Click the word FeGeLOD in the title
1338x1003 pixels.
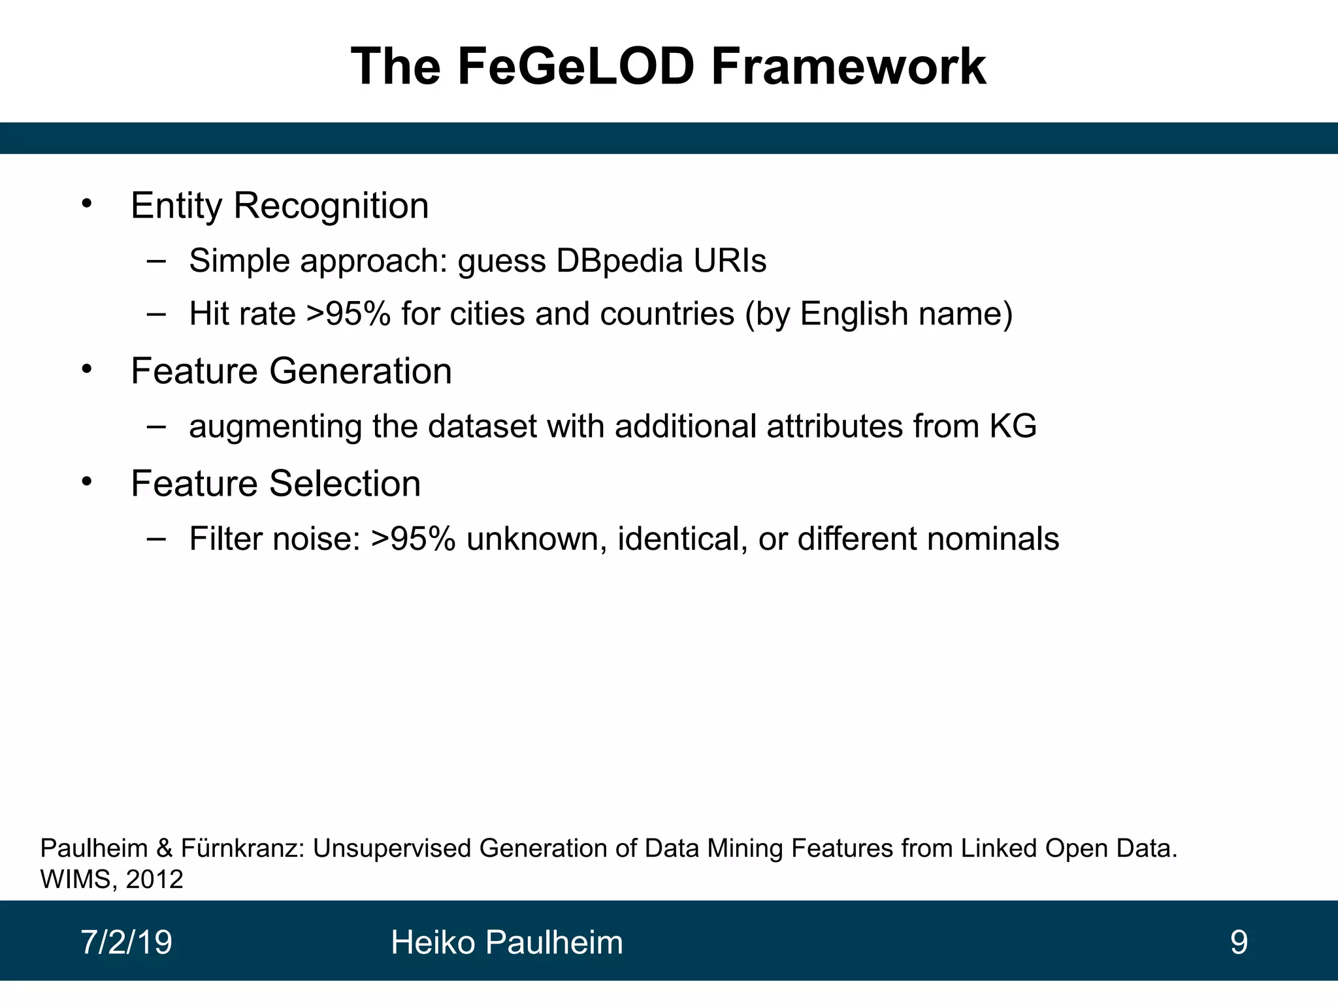[576, 67]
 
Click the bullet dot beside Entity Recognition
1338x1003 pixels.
[87, 204]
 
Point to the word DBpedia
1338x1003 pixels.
[619, 261]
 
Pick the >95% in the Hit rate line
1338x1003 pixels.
[348, 314]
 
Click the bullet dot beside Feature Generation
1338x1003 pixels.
[87, 370]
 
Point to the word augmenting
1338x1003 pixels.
[275, 428]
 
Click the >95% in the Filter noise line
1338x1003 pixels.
[413, 539]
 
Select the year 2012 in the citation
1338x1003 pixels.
[154, 880]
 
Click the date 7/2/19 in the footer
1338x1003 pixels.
[126, 942]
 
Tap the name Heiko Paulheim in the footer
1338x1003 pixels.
[506, 943]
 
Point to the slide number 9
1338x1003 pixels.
[1239, 942]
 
